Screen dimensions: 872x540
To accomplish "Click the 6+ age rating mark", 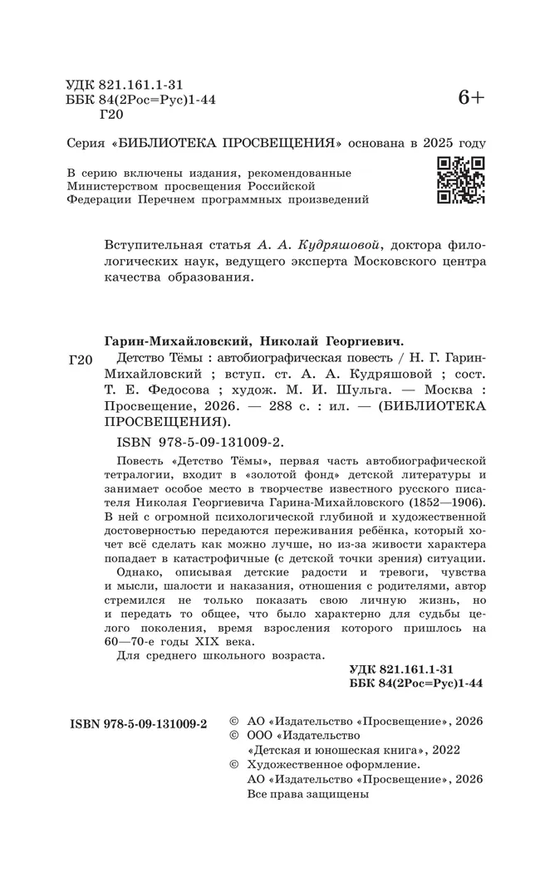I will click(471, 98).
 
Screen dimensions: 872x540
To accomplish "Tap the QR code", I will click(461, 180).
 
